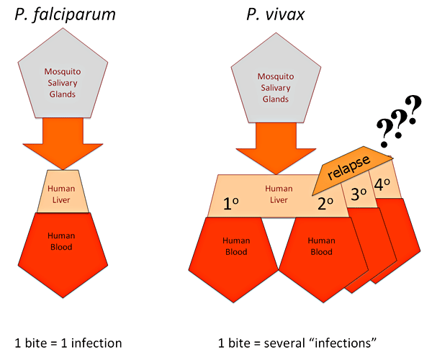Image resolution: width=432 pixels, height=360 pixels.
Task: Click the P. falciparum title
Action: click(x=62, y=16)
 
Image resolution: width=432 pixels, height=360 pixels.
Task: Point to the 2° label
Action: click(x=325, y=204)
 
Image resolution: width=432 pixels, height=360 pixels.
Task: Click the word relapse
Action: click(x=351, y=166)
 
